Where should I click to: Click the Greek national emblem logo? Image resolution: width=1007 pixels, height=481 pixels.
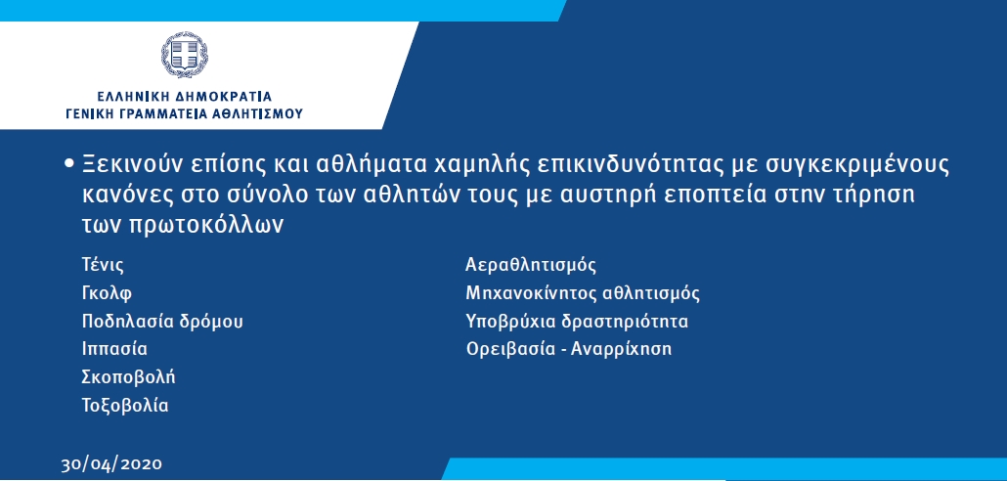tap(185, 55)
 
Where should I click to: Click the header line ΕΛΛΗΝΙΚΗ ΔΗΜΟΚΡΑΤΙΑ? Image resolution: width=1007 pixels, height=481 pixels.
tap(185, 97)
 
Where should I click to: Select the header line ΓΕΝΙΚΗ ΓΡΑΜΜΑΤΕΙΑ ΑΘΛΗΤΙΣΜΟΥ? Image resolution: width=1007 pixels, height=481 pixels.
tap(185, 114)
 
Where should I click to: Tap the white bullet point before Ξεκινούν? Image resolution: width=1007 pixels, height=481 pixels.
tap(70, 164)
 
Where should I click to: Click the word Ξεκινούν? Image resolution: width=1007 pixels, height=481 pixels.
tap(132, 164)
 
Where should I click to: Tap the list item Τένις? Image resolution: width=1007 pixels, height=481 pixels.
tap(103, 265)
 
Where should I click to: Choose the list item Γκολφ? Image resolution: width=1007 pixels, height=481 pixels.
tap(107, 294)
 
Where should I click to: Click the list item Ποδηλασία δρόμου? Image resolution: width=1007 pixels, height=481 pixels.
tap(162, 322)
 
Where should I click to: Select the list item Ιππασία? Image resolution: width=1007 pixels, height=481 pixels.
tap(114, 350)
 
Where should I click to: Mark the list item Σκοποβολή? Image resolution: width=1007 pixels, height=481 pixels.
tap(128, 377)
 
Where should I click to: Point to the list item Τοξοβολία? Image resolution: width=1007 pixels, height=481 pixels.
tap(125, 406)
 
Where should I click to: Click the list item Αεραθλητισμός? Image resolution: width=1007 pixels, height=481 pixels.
tap(531, 265)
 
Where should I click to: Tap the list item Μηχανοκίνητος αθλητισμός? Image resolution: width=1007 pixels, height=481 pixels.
tap(583, 294)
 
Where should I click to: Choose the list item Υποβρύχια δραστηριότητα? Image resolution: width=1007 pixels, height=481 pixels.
tap(577, 322)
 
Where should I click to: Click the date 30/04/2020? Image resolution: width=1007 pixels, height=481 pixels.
tap(111, 464)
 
